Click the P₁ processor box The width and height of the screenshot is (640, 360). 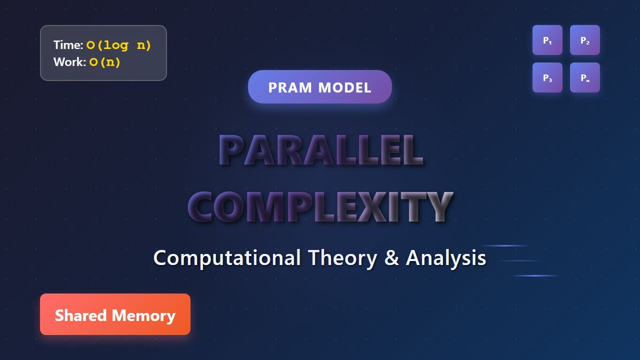point(547,40)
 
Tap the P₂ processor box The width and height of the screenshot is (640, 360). point(585,40)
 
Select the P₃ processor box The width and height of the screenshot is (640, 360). point(547,77)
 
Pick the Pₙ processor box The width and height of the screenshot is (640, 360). point(585,77)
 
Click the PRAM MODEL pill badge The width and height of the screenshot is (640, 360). point(320,87)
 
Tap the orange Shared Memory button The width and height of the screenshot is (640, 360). point(115,314)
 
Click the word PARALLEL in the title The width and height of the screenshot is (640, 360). point(321,150)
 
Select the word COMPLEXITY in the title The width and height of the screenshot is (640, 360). point(321,206)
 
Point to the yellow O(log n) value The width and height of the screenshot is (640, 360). point(119,45)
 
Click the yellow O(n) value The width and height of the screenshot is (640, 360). point(105,62)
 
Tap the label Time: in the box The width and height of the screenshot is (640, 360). point(68,45)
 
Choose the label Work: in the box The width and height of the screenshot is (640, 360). point(69,62)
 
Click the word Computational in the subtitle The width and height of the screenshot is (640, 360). point(227,258)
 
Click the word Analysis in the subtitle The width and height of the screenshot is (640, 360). point(446,258)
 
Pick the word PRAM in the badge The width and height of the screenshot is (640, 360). point(290,87)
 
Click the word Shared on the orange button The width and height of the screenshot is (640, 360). point(81,315)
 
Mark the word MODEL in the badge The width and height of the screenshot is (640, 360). point(344,87)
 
